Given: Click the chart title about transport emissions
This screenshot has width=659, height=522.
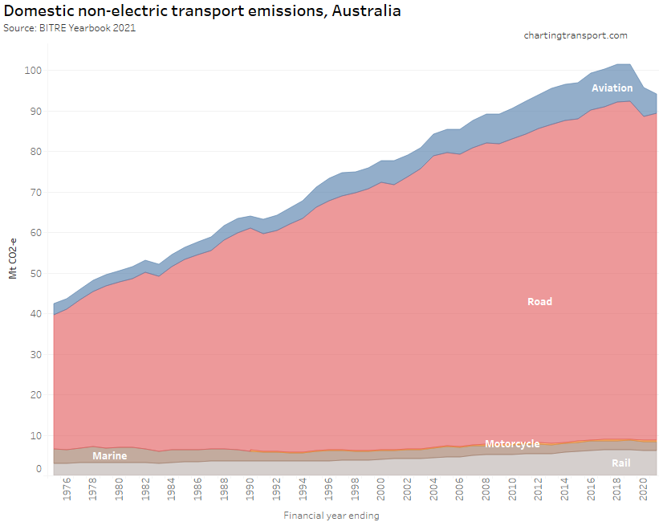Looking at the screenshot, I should (x=202, y=12).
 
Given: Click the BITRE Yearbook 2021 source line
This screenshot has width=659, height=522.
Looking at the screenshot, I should (x=70, y=28).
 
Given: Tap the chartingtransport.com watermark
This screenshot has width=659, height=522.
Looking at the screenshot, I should (x=576, y=35).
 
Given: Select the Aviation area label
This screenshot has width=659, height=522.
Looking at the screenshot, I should (x=612, y=88).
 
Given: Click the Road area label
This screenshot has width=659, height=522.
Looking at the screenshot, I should (x=539, y=302).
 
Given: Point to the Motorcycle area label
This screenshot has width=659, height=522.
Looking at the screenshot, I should (x=512, y=444).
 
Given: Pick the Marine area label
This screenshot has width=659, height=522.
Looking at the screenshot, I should (x=109, y=456).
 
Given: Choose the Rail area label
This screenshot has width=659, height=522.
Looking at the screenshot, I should (x=621, y=463).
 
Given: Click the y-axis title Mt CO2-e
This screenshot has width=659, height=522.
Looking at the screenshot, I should (x=13, y=258).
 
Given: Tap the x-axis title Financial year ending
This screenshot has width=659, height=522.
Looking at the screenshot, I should (x=331, y=516).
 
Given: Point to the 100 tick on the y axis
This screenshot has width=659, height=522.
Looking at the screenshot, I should (x=32, y=71).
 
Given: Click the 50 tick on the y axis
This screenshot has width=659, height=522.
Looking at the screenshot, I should (x=35, y=274).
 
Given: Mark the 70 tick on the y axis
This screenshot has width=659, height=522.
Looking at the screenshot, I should (x=35, y=193).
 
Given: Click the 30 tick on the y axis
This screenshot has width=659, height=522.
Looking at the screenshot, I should (x=35, y=355).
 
